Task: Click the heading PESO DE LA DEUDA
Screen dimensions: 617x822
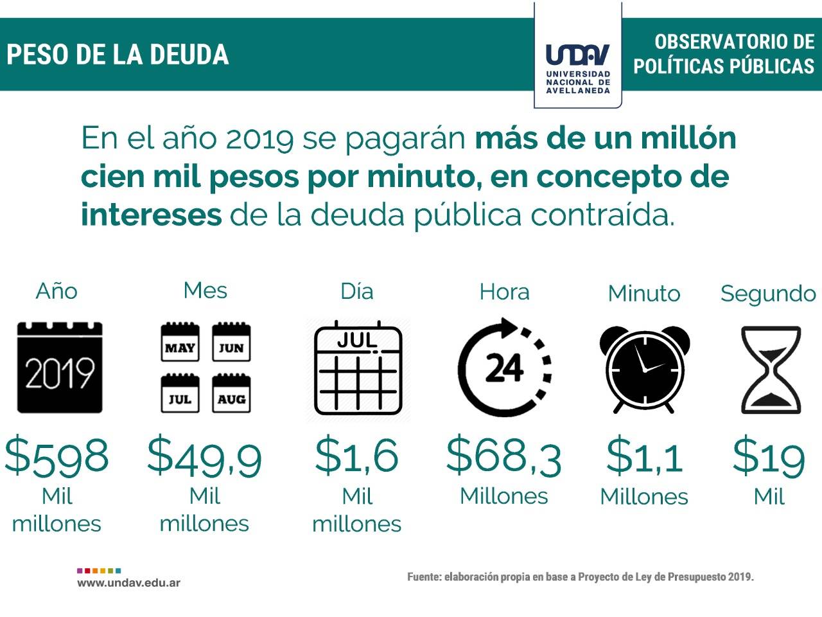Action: coord(118,55)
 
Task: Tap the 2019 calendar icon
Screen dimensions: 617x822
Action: coord(60,367)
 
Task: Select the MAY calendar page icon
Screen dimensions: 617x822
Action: coord(180,343)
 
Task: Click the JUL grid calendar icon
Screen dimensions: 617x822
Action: coord(358,371)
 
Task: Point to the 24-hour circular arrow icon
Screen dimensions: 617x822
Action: coord(505,367)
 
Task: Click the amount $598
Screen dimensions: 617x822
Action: coord(57,456)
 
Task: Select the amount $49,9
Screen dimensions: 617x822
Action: coord(204,456)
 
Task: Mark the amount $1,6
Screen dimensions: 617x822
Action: coord(357,454)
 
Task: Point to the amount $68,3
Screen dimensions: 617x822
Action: coord(504,455)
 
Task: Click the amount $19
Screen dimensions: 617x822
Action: coord(769,456)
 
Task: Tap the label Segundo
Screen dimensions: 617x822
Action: coord(768,294)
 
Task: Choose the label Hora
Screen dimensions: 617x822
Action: coord(505,292)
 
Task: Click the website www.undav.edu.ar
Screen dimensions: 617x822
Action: coord(128,583)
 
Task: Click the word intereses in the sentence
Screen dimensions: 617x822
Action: coord(152,214)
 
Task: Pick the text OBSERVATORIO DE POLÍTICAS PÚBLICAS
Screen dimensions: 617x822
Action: coord(724,54)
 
